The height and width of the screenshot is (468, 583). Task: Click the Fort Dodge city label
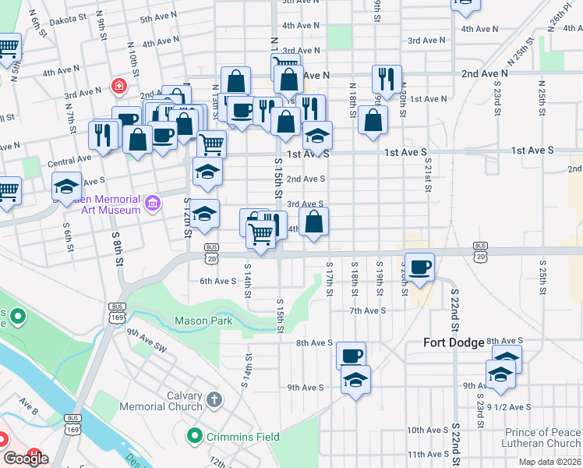[x=455, y=342]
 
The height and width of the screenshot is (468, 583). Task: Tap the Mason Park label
[x=203, y=321]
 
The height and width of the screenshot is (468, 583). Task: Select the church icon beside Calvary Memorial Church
[x=215, y=400]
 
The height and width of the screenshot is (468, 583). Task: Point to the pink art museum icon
[x=153, y=205]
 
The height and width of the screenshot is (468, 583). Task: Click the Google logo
[x=26, y=459]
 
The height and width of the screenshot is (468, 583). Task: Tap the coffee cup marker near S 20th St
[x=420, y=267]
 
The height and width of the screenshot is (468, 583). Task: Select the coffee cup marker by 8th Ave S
[x=352, y=355]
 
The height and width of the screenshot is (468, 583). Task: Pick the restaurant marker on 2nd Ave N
[x=387, y=79]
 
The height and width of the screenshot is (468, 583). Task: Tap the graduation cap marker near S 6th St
[x=67, y=186]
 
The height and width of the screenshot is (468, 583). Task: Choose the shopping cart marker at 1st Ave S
[x=211, y=144]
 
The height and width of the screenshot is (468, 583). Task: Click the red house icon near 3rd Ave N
[x=118, y=85]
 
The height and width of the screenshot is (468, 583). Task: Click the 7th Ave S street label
[x=368, y=311]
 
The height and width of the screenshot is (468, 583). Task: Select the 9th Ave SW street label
[x=147, y=339]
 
